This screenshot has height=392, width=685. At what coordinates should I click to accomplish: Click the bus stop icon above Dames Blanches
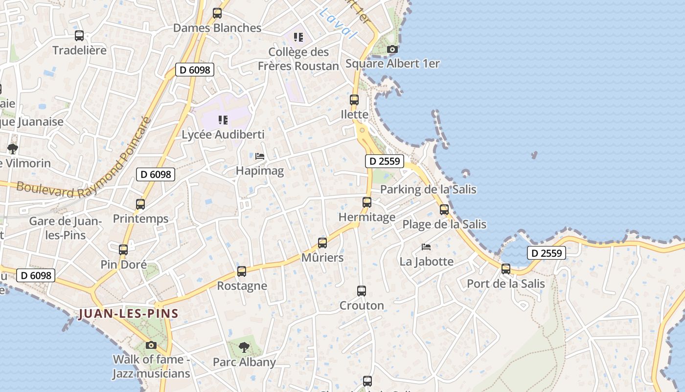[217, 13]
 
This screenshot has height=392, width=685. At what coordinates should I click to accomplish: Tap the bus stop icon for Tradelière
[79, 36]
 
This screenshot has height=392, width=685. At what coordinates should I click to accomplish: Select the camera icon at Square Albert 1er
[392, 49]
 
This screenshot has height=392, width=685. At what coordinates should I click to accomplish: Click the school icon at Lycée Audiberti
[223, 120]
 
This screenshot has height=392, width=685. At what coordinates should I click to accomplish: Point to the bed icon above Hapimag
[260, 156]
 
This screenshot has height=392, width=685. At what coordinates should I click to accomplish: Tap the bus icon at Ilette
[354, 100]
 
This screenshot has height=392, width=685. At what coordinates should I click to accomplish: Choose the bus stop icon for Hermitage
[367, 202]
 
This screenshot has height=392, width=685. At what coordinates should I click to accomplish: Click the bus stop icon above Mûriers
[322, 243]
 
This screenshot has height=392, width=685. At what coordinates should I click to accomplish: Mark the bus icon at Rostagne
[242, 271]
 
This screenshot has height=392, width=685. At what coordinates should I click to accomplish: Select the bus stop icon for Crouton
[362, 291]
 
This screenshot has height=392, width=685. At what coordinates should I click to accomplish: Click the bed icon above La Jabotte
[426, 246]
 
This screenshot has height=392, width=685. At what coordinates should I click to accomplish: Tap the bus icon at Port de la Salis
[506, 269]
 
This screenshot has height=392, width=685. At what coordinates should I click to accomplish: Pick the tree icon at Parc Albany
[244, 347]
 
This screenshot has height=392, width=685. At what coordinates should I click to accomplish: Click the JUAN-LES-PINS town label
[128, 314]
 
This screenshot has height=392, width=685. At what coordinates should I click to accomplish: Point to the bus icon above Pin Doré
[123, 250]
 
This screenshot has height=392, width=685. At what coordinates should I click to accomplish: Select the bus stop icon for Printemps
[140, 204]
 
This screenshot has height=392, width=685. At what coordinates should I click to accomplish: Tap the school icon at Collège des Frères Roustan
[298, 37]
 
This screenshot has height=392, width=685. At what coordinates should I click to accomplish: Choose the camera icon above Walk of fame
[151, 345]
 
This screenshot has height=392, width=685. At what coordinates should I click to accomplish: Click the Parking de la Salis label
[428, 189]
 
